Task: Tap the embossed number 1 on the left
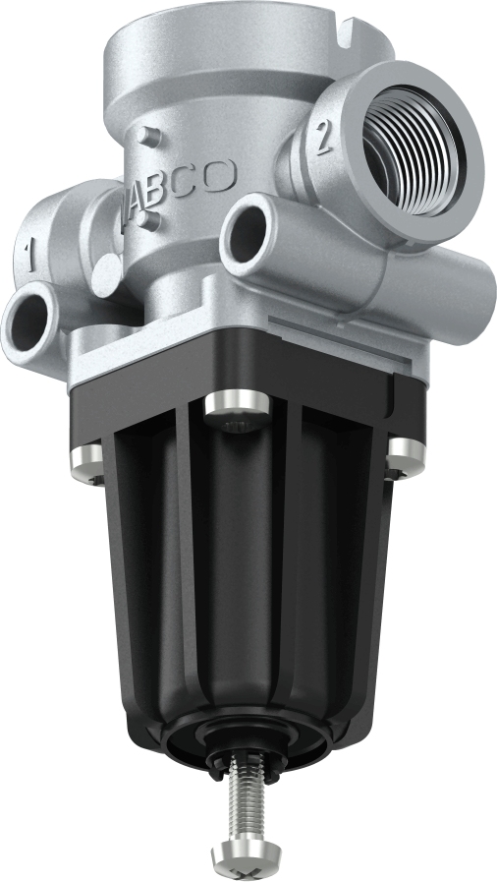pos(31,259)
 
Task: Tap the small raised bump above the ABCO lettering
pos(146,135)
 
